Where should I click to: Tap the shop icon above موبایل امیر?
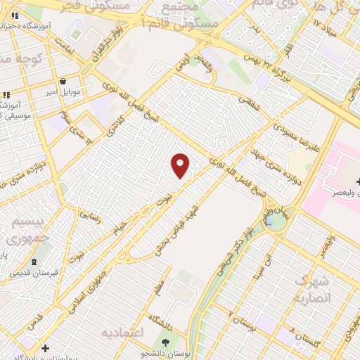[63, 81]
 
